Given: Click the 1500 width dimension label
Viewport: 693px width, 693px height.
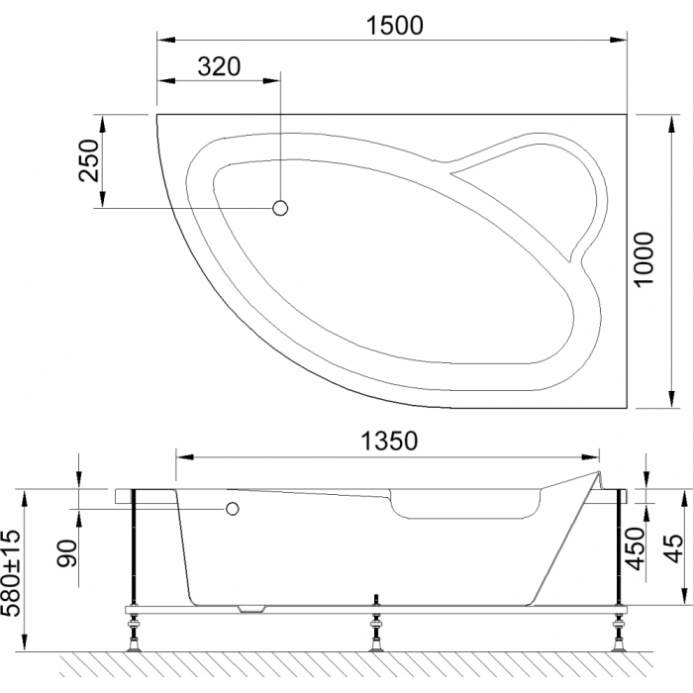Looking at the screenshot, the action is [x=395, y=25].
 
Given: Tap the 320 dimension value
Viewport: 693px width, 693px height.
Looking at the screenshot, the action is [x=219, y=66].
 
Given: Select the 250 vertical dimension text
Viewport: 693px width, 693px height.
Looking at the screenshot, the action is [x=88, y=160].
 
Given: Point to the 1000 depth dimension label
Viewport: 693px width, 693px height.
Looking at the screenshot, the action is [x=643, y=259].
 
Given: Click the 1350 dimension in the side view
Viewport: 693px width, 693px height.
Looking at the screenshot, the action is [x=389, y=441].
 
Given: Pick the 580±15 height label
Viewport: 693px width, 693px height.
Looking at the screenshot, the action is [x=11, y=573].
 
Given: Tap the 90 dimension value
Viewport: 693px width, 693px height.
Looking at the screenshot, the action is [x=66, y=552].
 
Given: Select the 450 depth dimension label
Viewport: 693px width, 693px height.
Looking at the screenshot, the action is [x=636, y=548].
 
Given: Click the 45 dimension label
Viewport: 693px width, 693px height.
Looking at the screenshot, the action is [x=673, y=548].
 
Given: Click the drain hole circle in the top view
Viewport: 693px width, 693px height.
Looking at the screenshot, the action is [x=280, y=208].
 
